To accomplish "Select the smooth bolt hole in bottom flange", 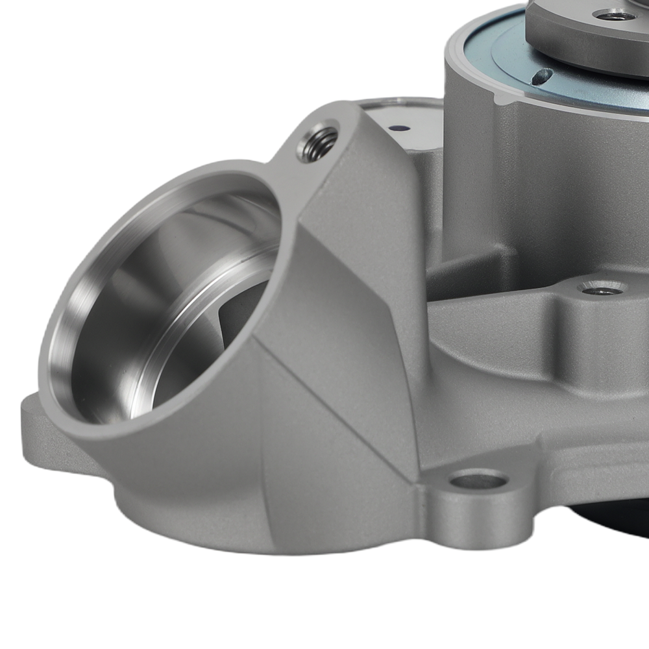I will [479, 481].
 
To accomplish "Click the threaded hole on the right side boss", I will [602, 288].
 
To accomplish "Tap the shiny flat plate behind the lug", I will [402, 117].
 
